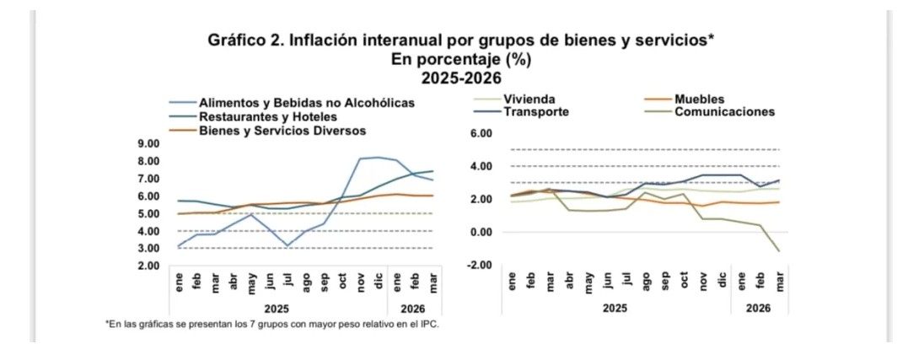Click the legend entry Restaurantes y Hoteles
[x=268, y=116]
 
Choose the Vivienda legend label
[x=529, y=99]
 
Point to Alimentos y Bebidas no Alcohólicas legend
[x=307, y=103]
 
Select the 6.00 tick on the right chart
[x=479, y=133]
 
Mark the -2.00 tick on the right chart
[x=477, y=266]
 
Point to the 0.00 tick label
[x=479, y=232]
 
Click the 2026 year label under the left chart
[x=411, y=309]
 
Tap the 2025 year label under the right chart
[x=615, y=309]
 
